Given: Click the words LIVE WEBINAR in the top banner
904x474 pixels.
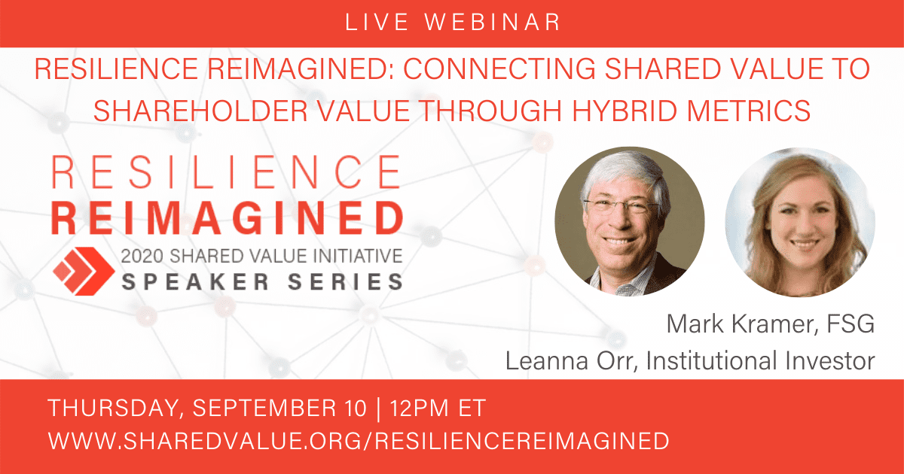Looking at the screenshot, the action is [453, 22].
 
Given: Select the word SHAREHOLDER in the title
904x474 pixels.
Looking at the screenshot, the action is [200, 110].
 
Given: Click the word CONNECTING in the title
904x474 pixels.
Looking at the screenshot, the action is [499, 68].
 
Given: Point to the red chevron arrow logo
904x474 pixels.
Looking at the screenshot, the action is [84, 271].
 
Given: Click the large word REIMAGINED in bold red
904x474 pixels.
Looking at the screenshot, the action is [228, 218].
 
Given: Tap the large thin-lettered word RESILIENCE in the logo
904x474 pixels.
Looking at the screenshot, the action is [227, 172].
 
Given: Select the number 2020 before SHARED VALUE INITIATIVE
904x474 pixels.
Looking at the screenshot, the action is [142, 256].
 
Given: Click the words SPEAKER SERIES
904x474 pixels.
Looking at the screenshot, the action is [262, 281].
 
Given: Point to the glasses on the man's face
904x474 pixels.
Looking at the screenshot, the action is [622, 206].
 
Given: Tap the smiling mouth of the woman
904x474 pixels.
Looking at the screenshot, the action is [802, 244].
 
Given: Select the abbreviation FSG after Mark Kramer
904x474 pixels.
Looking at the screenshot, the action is [851, 324].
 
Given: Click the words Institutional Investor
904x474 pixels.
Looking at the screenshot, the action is [760, 360].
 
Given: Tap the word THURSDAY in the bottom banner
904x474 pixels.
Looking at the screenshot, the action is [113, 408].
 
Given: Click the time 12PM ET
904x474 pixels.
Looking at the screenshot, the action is [438, 408].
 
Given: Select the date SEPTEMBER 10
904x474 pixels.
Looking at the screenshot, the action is [279, 408].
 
